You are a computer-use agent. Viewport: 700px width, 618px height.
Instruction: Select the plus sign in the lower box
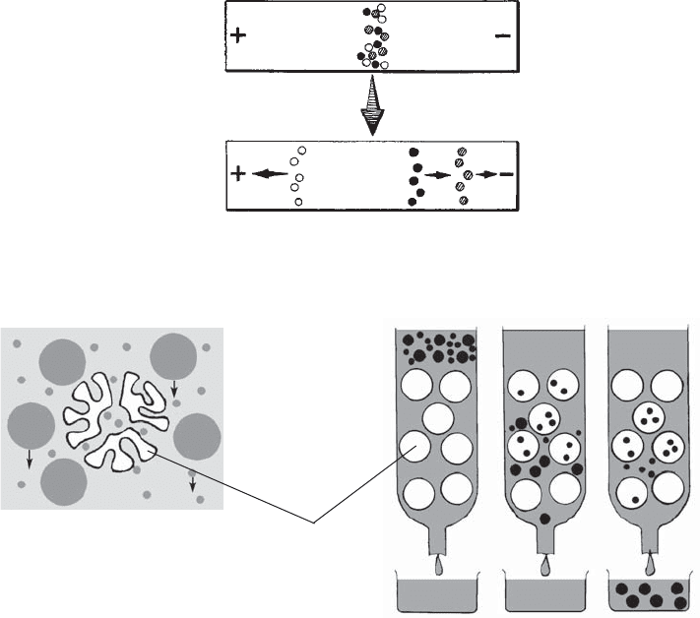[237, 174]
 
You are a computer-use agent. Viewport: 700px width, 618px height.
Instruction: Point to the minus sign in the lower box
[505, 174]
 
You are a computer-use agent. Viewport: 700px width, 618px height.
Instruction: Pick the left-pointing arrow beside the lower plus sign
[264, 174]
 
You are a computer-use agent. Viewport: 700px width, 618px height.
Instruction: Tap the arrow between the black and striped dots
[436, 174]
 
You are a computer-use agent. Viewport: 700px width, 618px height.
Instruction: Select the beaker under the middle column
[542, 593]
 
